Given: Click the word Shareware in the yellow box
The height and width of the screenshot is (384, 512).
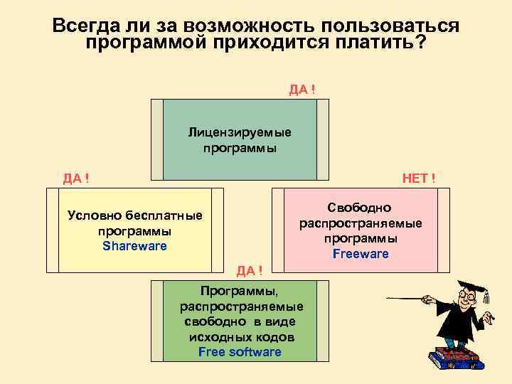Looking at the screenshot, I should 134,246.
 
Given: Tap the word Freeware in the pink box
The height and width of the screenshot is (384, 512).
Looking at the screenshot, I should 361,254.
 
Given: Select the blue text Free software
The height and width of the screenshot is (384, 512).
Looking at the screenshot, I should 240,352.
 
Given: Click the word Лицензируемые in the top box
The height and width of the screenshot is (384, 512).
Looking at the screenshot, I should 240,133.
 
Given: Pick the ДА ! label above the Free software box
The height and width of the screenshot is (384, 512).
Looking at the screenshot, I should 250,270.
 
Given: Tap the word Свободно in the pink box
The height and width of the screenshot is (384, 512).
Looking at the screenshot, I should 360,208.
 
